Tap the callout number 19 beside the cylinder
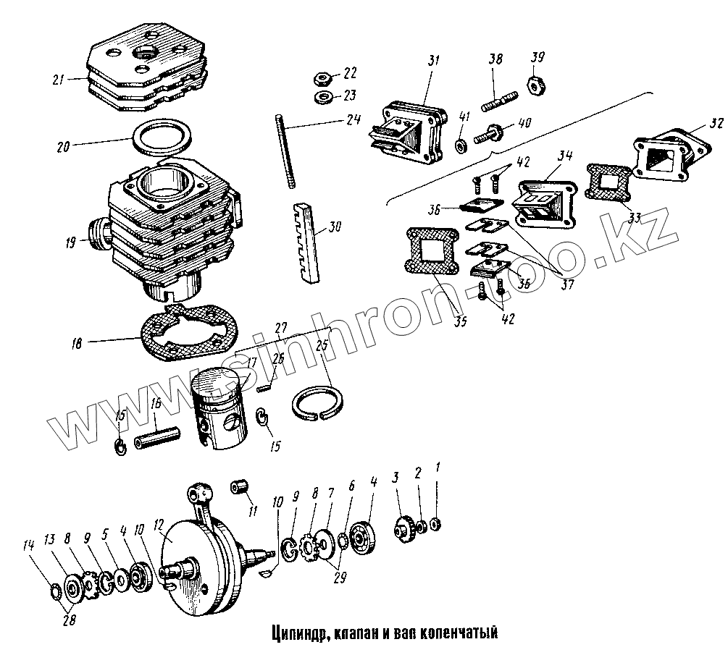click(x=70, y=244)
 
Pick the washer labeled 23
click(x=323, y=96)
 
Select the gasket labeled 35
click(x=431, y=253)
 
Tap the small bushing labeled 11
click(x=239, y=487)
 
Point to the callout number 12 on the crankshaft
click(x=159, y=523)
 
